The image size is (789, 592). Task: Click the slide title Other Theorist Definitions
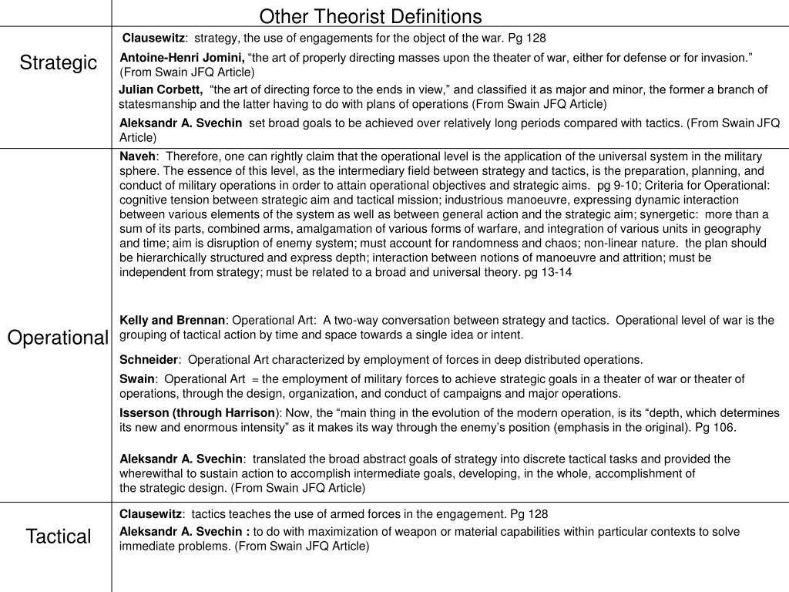[x=370, y=16]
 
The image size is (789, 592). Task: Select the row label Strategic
[x=59, y=62]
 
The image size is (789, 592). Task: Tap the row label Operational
[x=59, y=338]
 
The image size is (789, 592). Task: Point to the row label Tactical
[x=59, y=536]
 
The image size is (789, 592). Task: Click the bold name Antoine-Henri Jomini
[x=183, y=58]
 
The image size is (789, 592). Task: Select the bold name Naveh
[x=137, y=156]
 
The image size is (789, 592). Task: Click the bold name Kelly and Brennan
[x=173, y=320]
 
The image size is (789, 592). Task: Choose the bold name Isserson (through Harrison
[x=197, y=412]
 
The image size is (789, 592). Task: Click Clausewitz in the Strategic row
[x=154, y=37]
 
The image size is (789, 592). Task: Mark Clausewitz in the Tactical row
[x=150, y=513]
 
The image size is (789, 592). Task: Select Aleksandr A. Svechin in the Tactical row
[x=182, y=531]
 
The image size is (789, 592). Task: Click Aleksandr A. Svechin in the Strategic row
[x=180, y=123]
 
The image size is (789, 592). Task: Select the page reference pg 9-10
[x=616, y=185]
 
